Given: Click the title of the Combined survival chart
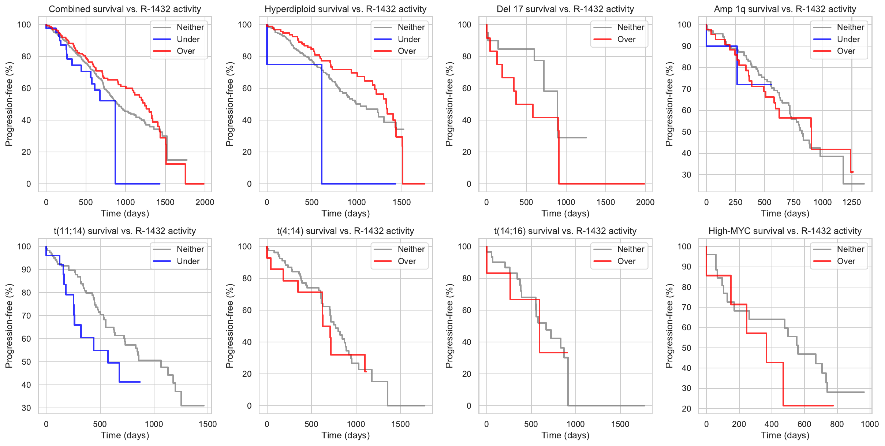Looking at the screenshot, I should (x=125, y=9).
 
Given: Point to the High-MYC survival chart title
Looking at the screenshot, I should (x=785, y=231).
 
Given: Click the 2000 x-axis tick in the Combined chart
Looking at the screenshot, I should (x=205, y=202).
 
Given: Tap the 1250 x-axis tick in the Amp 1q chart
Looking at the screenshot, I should (x=852, y=202).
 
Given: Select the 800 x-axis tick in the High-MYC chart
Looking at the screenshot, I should (x=837, y=424).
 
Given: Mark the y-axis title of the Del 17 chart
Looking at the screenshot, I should (x=449, y=104).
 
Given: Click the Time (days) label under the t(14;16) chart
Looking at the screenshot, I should (x=565, y=435).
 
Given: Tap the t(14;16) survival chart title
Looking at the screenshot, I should (x=565, y=231).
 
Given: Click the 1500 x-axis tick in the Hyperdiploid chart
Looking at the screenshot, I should (x=402, y=202).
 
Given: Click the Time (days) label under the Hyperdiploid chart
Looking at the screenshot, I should (x=346, y=213).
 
